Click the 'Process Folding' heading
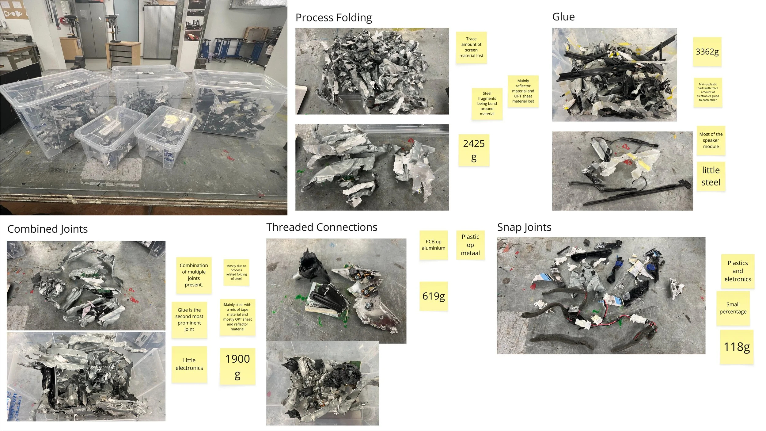pyautogui.click(x=333, y=18)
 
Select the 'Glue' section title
pyautogui.click(x=563, y=17)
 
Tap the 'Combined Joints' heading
pyautogui.click(x=47, y=229)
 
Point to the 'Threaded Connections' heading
pyautogui.click(x=322, y=227)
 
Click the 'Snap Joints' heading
pyautogui.click(x=524, y=227)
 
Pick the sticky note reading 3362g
pyautogui.click(x=707, y=52)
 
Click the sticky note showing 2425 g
pyautogui.click(x=474, y=150)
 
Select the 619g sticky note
pyautogui.click(x=433, y=296)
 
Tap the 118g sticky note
pyautogui.click(x=737, y=347)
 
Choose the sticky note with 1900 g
pyautogui.click(x=237, y=366)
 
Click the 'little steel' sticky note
pyautogui.click(x=711, y=176)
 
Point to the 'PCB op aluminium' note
pyautogui.click(x=433, y=245)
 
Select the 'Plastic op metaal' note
pyautogui.click(x=470, y=245)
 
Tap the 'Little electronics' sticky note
pyautogui.click(x=189, y=364)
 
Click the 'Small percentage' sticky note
pyautogui.click(x=733, y=308)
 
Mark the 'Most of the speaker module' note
pyautogui.click(x=711, y=140)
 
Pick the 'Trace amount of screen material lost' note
pyautogui.click(x=471, y=48)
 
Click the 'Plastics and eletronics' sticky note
pyautogui.click(x=737, y=271)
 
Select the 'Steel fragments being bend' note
pyautogui.click(x=487, y=104)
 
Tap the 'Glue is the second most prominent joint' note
pyautogui.click(x=189, y=320)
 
